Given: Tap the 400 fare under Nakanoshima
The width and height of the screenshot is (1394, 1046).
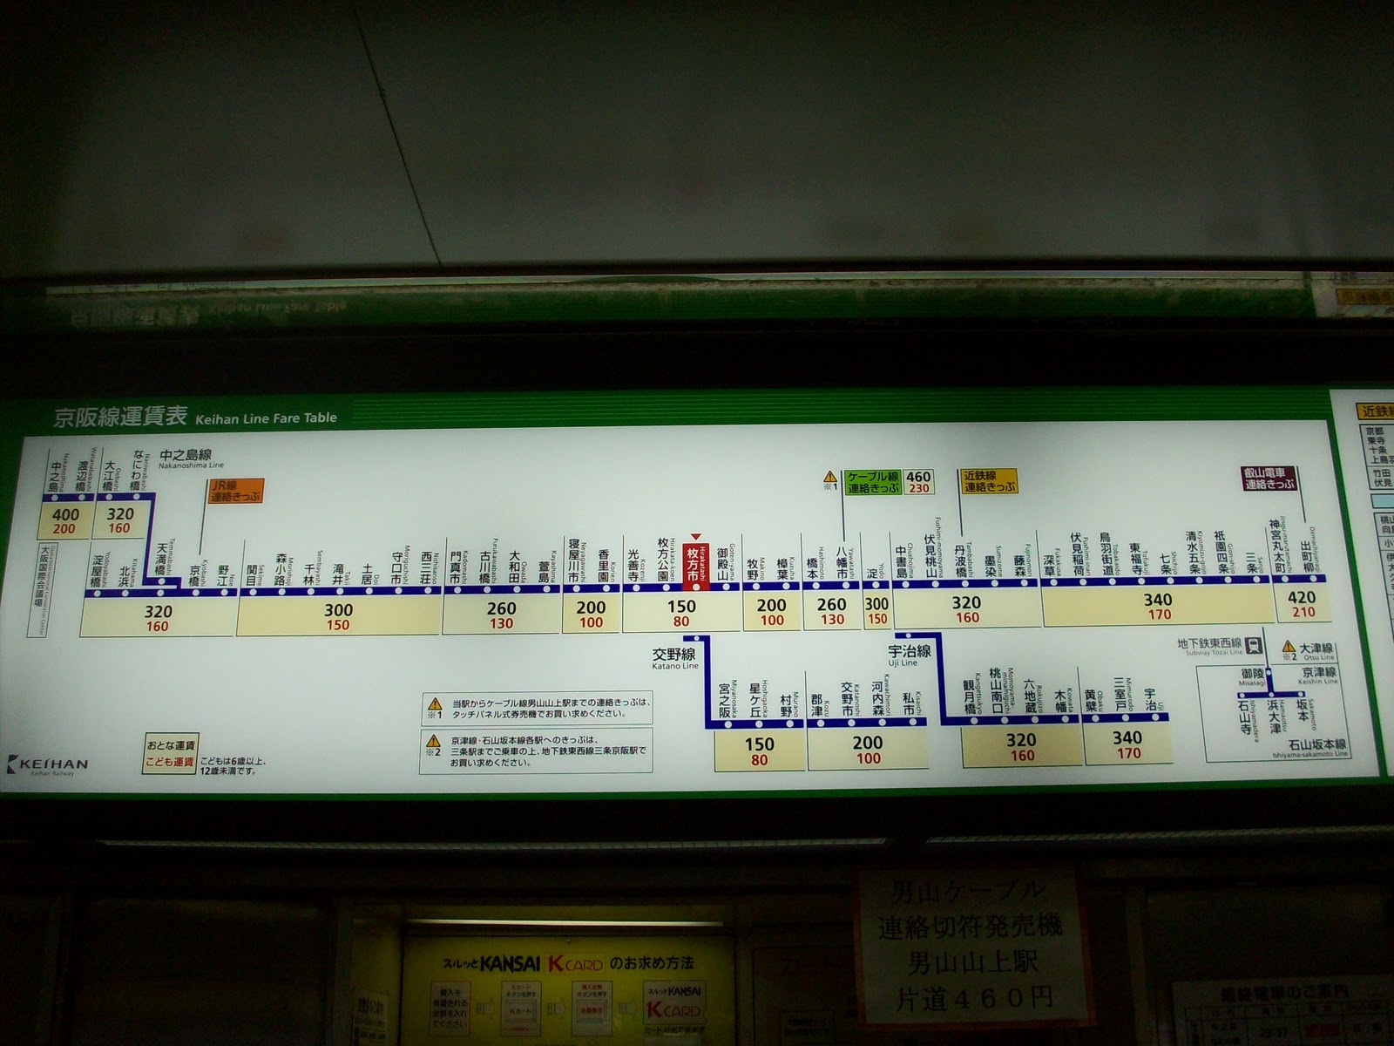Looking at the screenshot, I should [x=65, y=514].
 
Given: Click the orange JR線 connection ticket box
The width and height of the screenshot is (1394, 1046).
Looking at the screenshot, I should [x=235, y=491].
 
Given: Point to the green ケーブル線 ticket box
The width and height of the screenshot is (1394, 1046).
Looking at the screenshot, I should [x=873, y=482].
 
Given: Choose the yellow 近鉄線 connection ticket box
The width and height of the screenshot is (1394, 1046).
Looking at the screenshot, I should [x=990, y=482].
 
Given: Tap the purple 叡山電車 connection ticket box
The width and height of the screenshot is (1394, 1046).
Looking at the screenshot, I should [x=1270, y=479].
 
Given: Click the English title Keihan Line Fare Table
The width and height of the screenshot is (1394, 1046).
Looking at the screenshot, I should [x=266, y=418].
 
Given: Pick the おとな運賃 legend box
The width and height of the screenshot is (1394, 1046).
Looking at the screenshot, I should [x=171, y=746].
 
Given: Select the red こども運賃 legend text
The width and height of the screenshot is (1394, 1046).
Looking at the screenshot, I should [x=171, y=764].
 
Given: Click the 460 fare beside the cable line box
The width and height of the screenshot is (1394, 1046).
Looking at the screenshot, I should [x=918, y=476].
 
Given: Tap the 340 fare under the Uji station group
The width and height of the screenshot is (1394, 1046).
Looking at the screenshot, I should [x=1127, y=738].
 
